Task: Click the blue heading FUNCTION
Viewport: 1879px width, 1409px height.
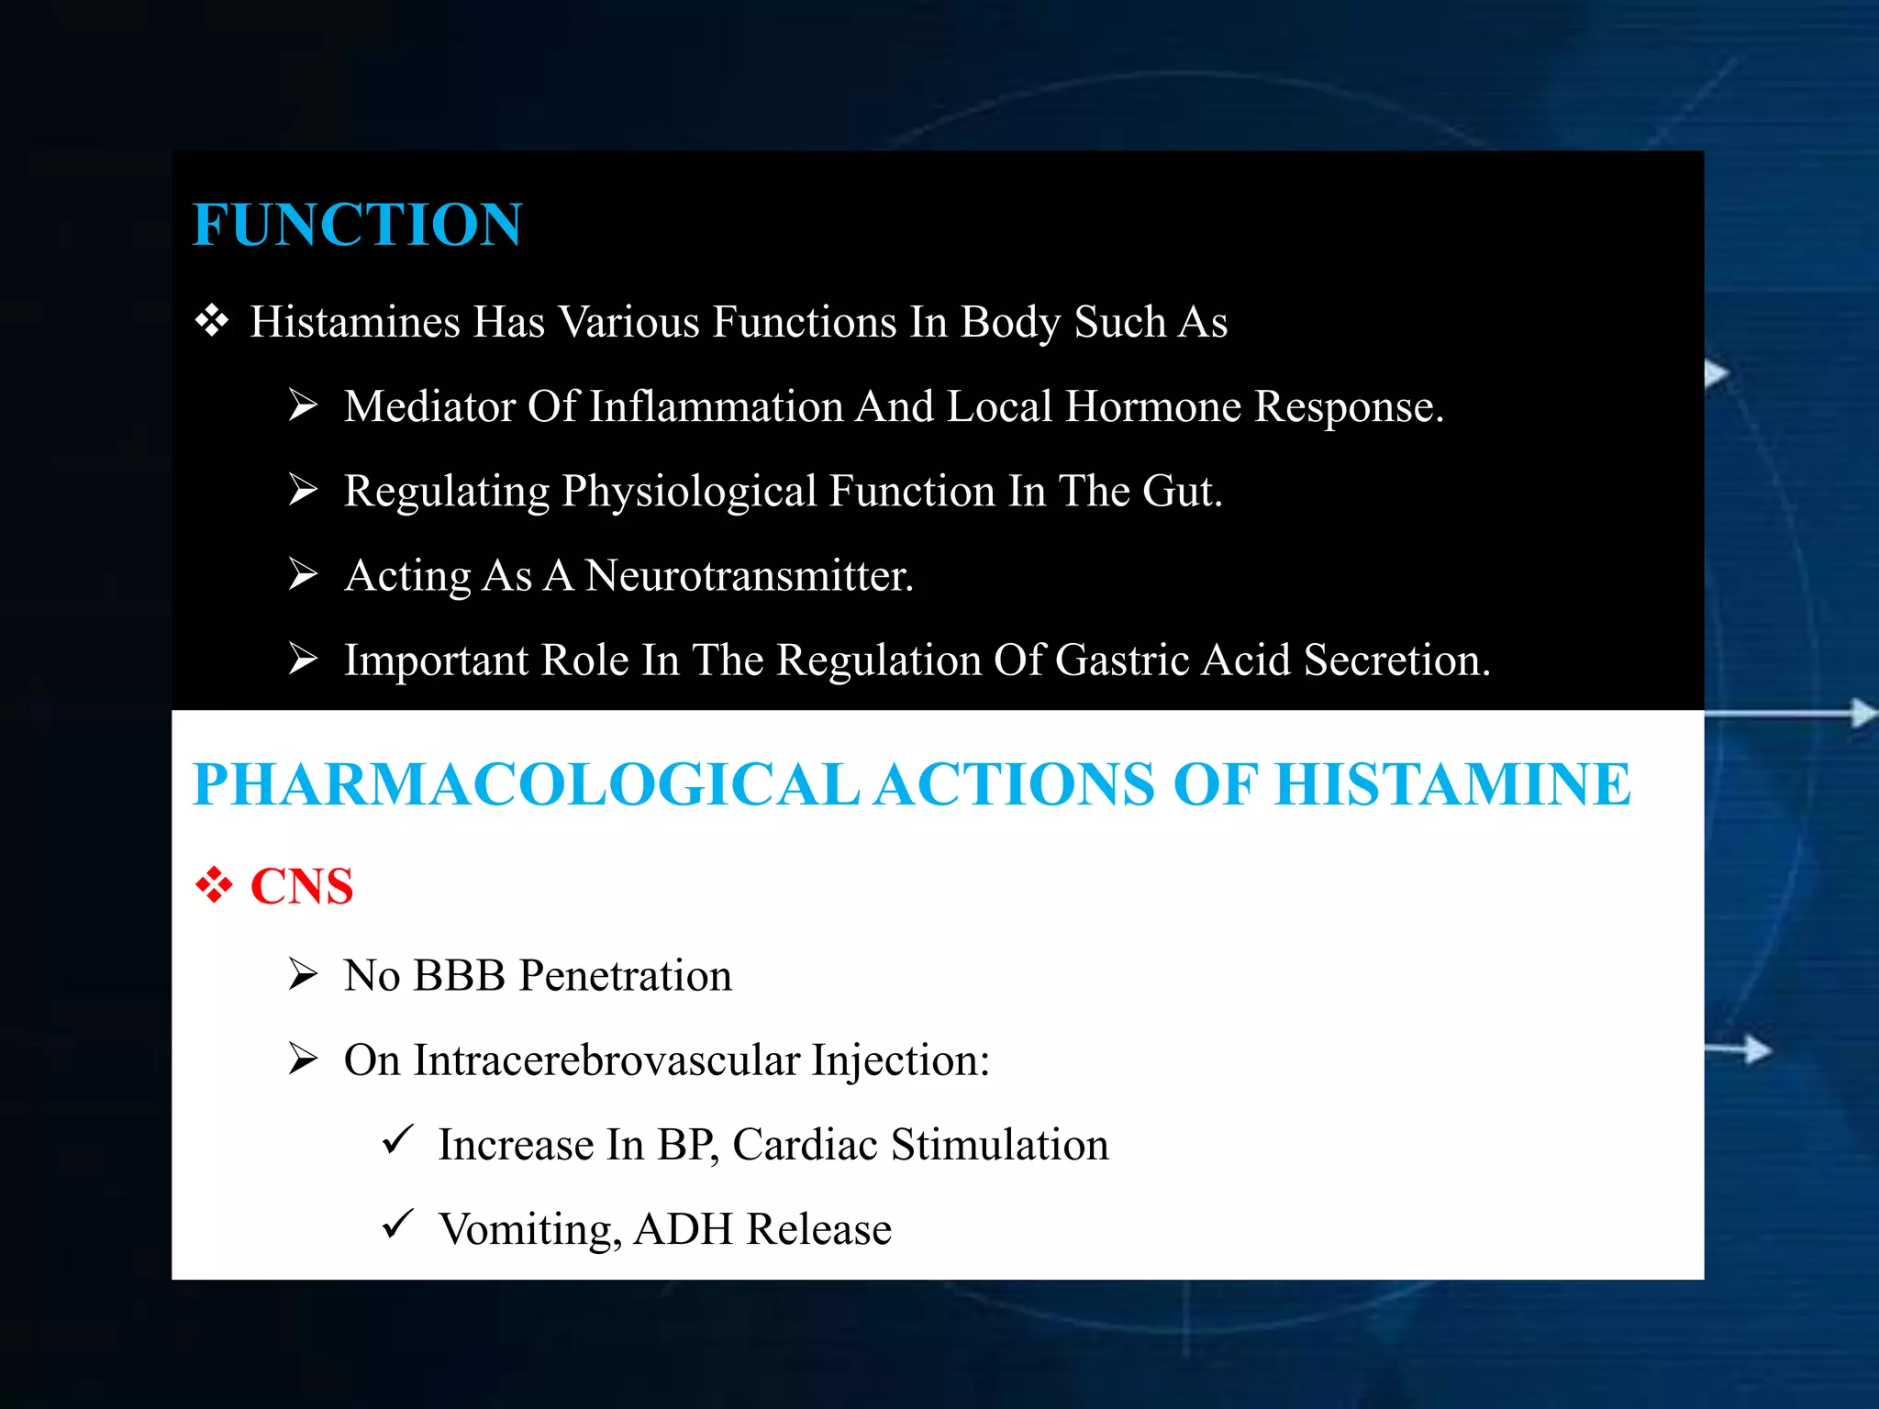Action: [x=357, y=225]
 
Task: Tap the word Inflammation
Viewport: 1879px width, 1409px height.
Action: [x=716, y=406]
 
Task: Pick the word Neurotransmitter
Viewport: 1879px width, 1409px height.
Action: [x=749, y=576]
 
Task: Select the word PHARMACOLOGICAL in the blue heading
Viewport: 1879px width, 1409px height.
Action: [x=526, y=785]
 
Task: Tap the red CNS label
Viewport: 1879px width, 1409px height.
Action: [x=302, y=886]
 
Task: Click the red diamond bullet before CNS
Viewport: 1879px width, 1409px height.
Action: [x=214, y=885]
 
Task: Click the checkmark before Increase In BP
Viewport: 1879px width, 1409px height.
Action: [x=398, y=1140]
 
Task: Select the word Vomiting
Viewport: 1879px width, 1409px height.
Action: [x=529, y=1229]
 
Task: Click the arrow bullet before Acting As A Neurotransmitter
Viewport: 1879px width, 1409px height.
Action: [x=303, y=574]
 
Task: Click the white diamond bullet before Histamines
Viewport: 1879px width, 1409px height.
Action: [x=212, y=321]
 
